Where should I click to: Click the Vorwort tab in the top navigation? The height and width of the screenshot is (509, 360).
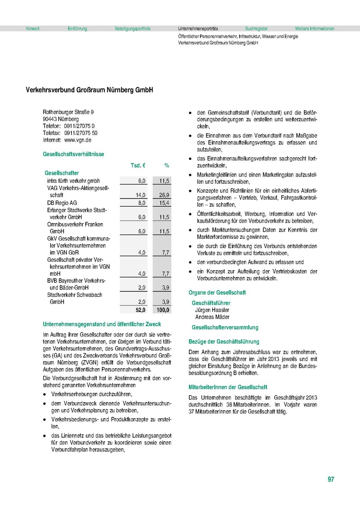[x=33, y=29]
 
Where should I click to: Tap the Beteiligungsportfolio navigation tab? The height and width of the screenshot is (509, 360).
[x=132, y=29]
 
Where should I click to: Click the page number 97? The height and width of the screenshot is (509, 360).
[x=331, y=480]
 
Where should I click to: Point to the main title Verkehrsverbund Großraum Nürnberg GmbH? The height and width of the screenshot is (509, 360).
[x=89, y=90]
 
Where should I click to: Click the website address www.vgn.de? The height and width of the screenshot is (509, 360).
[x=78, y=140]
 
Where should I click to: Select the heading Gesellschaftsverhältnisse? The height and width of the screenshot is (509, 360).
[x=73, y=154]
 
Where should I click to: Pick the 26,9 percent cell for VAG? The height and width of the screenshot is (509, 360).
[x=164, y=195]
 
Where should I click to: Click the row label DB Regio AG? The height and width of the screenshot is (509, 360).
[x=62, y=203]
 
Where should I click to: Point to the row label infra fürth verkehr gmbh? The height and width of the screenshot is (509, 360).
[x=73, y=181]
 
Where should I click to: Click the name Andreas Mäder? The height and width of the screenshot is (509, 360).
[x=212, y=317]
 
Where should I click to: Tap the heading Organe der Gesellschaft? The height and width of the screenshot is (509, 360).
[x=217, y=293]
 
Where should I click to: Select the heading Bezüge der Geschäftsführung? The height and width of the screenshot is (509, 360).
[x=224, y=341]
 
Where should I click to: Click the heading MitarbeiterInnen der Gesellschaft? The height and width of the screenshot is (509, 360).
[x=228, y=387]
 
